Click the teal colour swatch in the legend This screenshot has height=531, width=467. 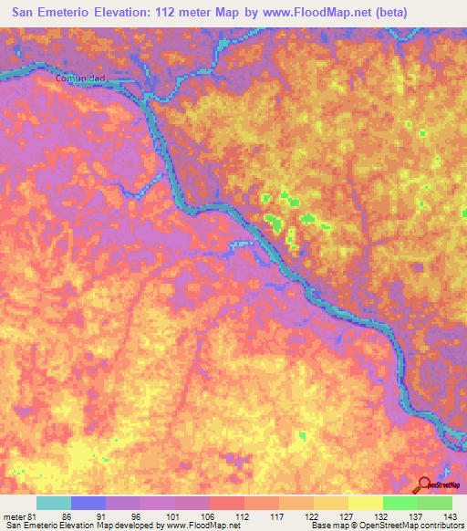coord(54,503)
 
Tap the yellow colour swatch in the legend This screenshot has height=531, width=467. coord(364,503)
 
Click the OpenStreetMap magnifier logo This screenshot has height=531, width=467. coord(424,484)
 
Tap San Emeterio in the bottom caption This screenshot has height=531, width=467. coord(30,525)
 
